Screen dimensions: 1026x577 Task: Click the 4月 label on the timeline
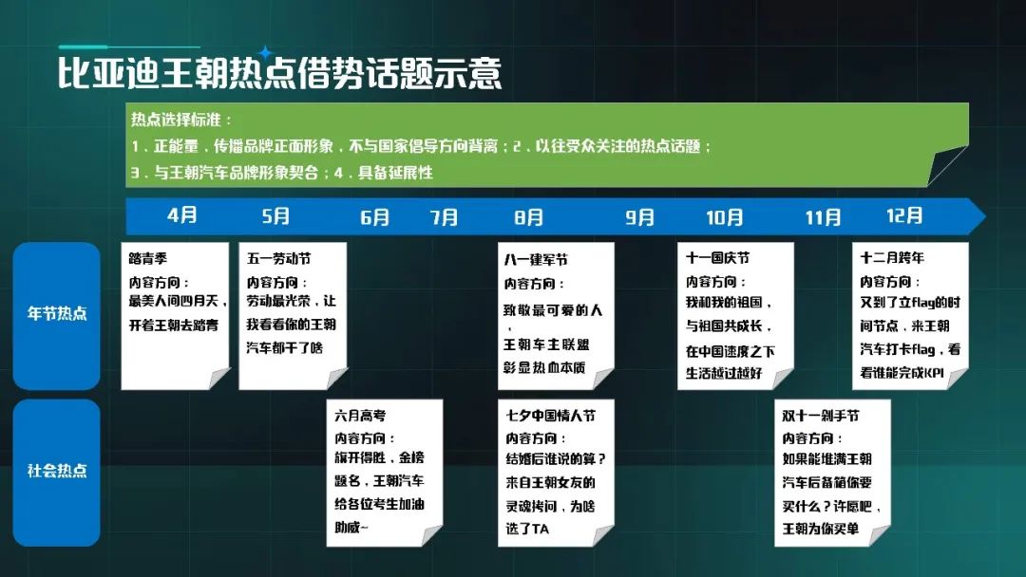pos(181,215)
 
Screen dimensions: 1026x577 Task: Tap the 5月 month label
pos(275,215)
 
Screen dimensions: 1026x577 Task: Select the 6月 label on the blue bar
pos(375,217)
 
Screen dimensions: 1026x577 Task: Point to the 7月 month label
pos(444,217)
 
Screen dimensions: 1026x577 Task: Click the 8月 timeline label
pos(529,217)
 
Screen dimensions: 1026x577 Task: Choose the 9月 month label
pos(639,217)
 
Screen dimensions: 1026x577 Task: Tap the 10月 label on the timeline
pos(724,217)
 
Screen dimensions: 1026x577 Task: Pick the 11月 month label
pos(823,217)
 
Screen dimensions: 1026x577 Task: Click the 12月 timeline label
pos(904,215)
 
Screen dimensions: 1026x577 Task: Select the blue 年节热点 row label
pos(57,314)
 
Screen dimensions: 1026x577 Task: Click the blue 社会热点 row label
pos(57,471)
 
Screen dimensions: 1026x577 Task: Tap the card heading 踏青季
pos(148,259)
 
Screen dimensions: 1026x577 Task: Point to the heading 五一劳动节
pos(278,259)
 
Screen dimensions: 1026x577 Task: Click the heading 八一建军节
pos(536,260)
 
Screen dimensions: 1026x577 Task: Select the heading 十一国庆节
pos(718,258)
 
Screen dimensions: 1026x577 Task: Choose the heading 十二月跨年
pos(892,258)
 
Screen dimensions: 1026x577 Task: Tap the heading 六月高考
pos(360,416)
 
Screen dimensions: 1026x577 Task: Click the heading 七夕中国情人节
pos(550,416)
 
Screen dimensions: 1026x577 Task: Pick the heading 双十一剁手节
pos(821,416)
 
